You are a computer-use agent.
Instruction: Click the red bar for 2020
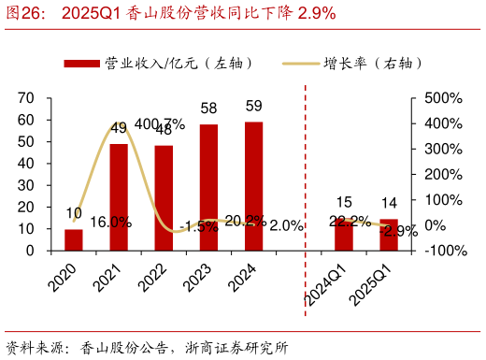tap(74, 240)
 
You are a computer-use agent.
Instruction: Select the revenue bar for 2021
tap(119, 197)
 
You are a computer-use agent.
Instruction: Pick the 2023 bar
tap(208, 187)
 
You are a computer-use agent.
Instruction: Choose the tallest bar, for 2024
tap(253, 186)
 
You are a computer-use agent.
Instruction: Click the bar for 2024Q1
tap(344, 235)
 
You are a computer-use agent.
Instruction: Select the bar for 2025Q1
tap(389, 236)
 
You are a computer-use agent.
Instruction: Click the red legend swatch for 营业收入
tap(81, 63)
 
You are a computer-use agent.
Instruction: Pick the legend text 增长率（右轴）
tap(373, 63)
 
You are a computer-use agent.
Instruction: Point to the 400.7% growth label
tap(160, 123)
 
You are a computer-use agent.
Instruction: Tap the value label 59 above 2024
tap(253, 107)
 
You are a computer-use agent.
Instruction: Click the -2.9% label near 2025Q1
tap(400, 230)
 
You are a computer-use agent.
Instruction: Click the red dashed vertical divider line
tap(306, 168)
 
